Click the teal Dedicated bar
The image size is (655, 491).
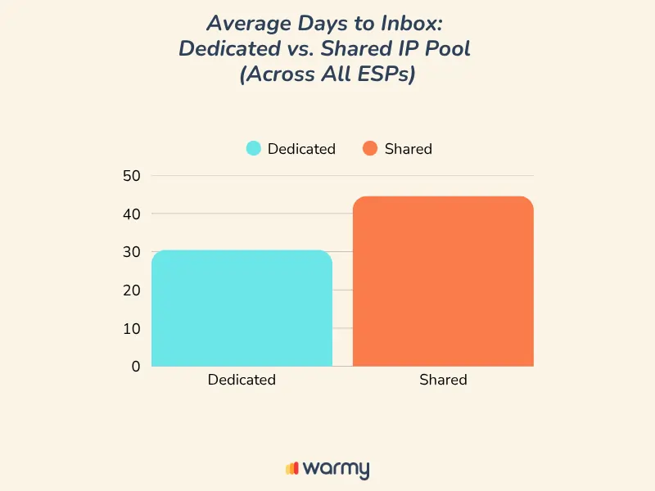(242, 309)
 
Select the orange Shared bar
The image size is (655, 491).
(443, 282)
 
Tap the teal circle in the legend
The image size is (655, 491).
(254, 149)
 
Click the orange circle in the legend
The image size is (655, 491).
(370, 149)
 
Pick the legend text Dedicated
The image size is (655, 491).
(301, 149)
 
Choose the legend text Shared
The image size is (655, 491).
(408, 149)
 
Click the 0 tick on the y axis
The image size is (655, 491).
(136, 367)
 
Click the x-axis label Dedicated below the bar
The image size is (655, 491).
(242, 380)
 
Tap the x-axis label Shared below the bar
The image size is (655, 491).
(443, 380)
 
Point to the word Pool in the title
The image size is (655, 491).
(449, 47)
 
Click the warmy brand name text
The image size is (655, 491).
(336, 469)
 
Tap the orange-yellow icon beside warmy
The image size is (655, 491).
(291, 469)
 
